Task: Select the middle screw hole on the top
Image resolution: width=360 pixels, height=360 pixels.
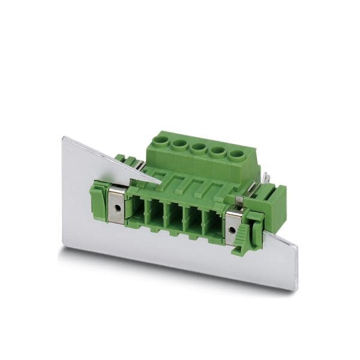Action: click(x=198, y=148)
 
